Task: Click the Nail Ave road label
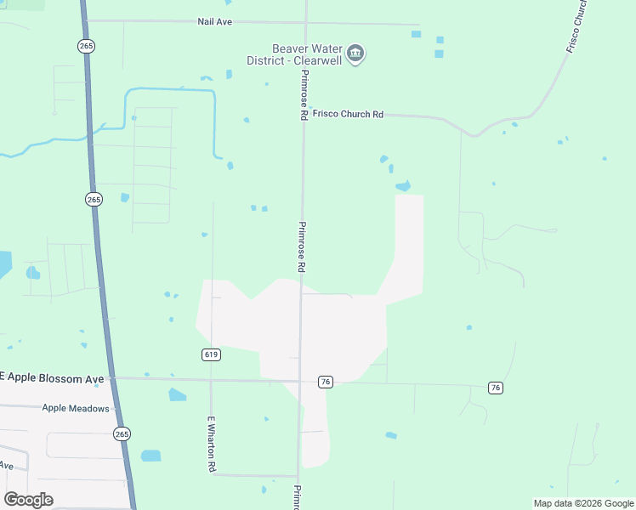coord(214,21)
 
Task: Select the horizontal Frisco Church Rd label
coord(348,114)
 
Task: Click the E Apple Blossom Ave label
coord(51,377)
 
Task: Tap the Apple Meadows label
coord(76,408)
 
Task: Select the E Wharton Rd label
coord(212,444)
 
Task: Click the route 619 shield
coord(212,354)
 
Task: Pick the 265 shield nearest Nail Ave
coord(86,47)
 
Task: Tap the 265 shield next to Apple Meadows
coord(122,433)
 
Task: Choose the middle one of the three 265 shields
coord(94,199)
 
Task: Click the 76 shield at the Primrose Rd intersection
coord(325,382)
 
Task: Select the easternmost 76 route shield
coord(496,388)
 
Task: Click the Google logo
coord(28,500)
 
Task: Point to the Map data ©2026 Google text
coord(583,503)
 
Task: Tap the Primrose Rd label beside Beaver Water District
coord(304,94)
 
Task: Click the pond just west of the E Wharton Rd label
coord(150,456)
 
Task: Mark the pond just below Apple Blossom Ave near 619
coord(177,394)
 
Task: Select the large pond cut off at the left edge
coord(4,264)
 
